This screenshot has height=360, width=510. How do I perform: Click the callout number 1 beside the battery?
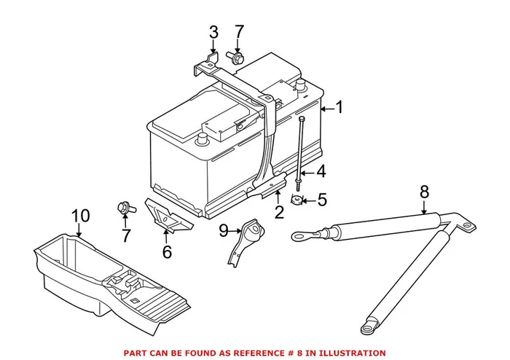point(338,108)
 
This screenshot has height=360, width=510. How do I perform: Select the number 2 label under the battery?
point(278,213)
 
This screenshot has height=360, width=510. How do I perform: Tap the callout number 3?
point(213,32)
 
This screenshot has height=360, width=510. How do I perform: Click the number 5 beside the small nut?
point(322,198)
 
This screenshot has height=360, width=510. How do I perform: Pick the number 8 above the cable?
point(424,193)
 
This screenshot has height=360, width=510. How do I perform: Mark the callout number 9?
point(224,231)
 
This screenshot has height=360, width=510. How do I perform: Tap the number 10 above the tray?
point(81,216)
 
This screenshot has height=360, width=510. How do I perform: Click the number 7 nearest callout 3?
point(240,32)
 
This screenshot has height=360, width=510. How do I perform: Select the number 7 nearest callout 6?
point(126,235)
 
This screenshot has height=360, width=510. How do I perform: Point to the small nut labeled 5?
point(297,199)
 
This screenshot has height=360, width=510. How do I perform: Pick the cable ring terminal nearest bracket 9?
point(299,235)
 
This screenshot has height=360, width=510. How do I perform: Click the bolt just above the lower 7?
point(123,208)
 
